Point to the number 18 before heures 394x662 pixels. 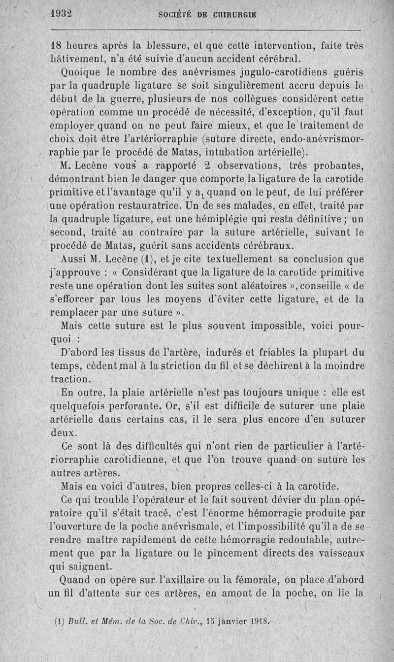58,46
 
